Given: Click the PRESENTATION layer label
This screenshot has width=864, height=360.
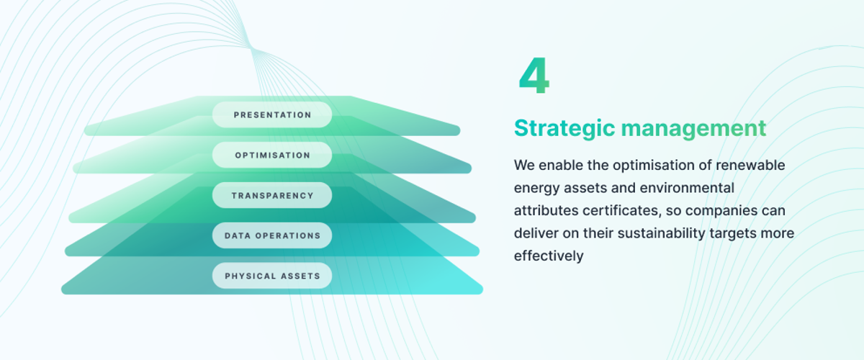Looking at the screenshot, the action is click(272, 114).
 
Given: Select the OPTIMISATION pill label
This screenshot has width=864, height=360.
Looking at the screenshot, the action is click(272, 155).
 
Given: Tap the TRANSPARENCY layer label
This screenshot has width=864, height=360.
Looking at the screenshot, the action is click(272, 196).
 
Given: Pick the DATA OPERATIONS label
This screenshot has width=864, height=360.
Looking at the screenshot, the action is click(272, 235).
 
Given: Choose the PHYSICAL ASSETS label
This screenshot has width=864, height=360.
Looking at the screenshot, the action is click(272, 276).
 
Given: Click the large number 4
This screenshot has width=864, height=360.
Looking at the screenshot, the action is click(534, 76).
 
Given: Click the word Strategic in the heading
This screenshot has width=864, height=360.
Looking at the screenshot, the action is click(564, 128).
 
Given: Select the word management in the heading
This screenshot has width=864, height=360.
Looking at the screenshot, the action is click(693, 128).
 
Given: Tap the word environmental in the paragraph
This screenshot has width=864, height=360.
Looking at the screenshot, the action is click(687, 188).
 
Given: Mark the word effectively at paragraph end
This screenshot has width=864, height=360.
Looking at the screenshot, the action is click(549, 256).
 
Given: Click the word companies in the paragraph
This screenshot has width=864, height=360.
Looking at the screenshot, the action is click(721, 211).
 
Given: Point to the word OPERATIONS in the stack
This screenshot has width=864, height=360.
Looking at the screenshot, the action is click(288, 235).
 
